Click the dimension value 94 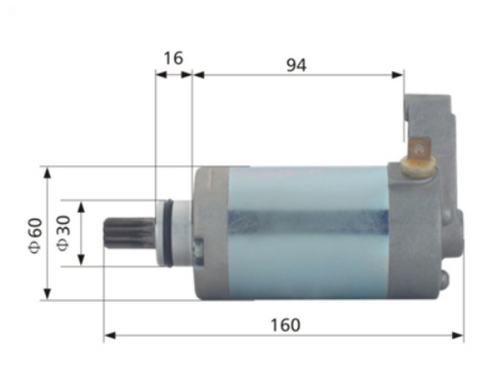(296, 64)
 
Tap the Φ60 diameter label (33, 233)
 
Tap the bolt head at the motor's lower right (444, 280)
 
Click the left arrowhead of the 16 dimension (160, 74)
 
